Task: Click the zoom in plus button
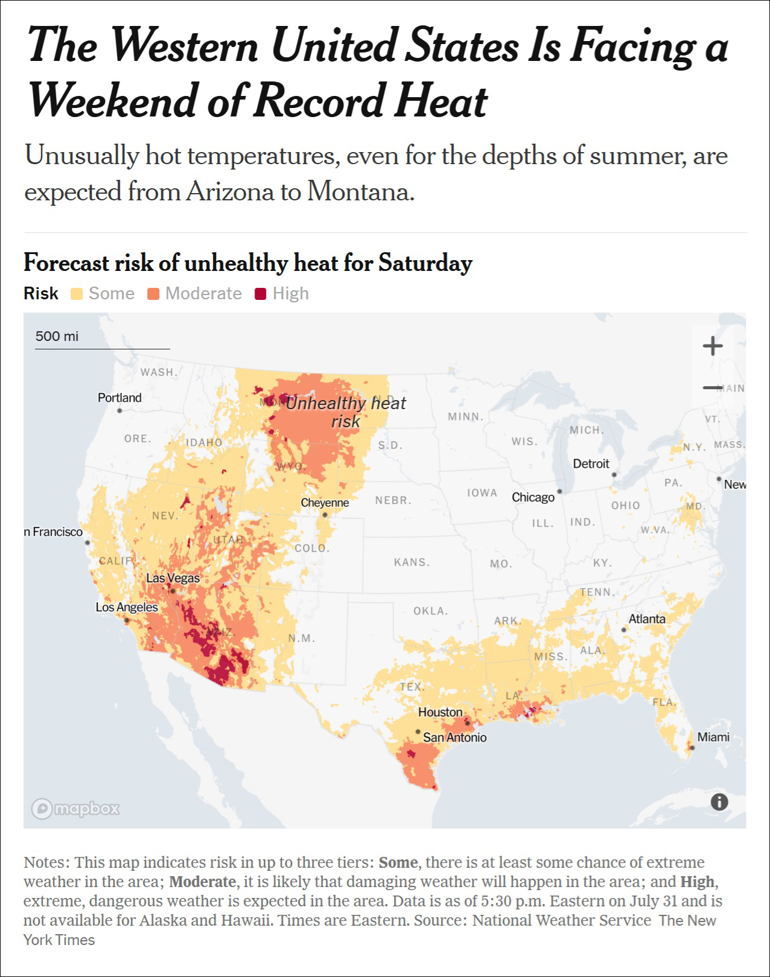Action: pyautogui.click(x=712, y=346)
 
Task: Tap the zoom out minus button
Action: pyautogui.click(x=712, y=387)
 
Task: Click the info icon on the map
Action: pyautogui.click(x=719, y=802)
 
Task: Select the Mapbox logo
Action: pyautogui.click(x=75, y=809)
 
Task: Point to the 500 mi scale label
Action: pyautogui.click(x=57, y=336)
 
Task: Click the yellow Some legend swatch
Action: pyautogui.click(x=77, y=294)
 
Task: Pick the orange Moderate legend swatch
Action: pyautogui.click(x=153, y=294)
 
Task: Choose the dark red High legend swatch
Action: pyautogui.click(x=261, y=294)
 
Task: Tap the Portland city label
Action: pyautogui.click(x=120, y=398)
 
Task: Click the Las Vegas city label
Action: pyautogui.click(x=173, y=578)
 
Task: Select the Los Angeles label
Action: pyautogui.click(x=127, y=607)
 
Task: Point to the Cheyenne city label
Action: pyautogui.click(x=325, y=503)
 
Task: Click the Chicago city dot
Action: pyautogui.click(x=559, y=491)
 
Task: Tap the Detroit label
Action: pyautogui.click(x=591, y=463)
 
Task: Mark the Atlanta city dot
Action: pyautogui.click(x=623, y=629)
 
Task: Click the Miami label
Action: pyautogui.click(x=713, y=737)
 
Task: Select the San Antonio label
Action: pyautogui.click(x=454, y=737)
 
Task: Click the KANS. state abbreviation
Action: pyautogui.click(x=412, y=562)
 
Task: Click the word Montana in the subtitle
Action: pyautogui.click(x=360, y=191)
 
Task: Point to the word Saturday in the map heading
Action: pyautogui.click(x=425, y=263)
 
